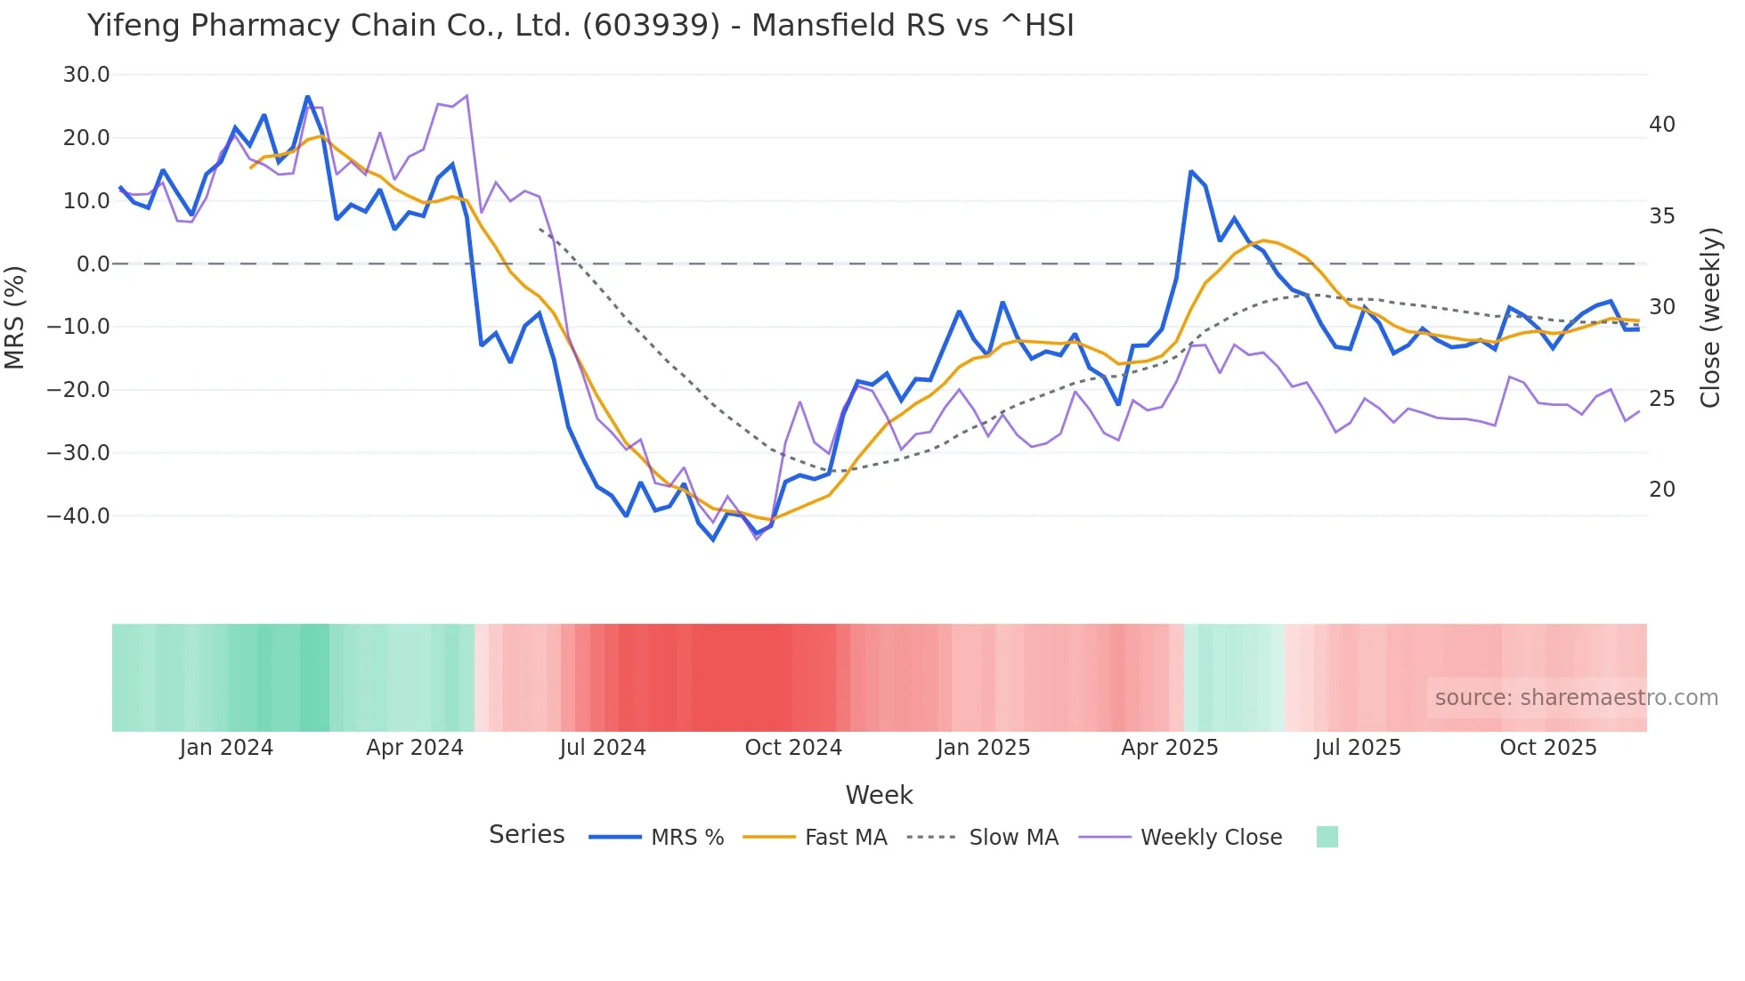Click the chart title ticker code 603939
point(651,26)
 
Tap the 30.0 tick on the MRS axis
point(86,75)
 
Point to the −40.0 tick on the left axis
point(78,516)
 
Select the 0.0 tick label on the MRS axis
point(93,264)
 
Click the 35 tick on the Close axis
point(1661,216)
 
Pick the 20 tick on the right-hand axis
point(1661,490)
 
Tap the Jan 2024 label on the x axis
point(226,748)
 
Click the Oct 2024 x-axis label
point(793,748)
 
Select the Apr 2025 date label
point(1169,748)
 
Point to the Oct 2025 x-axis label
point(1548,748)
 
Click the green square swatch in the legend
point(1327,837)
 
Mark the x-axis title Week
point(879,795)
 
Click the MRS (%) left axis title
point(15,318)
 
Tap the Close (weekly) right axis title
point(1710,318)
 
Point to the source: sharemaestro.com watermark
point(1576,698)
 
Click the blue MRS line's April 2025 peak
point(1191,172)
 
